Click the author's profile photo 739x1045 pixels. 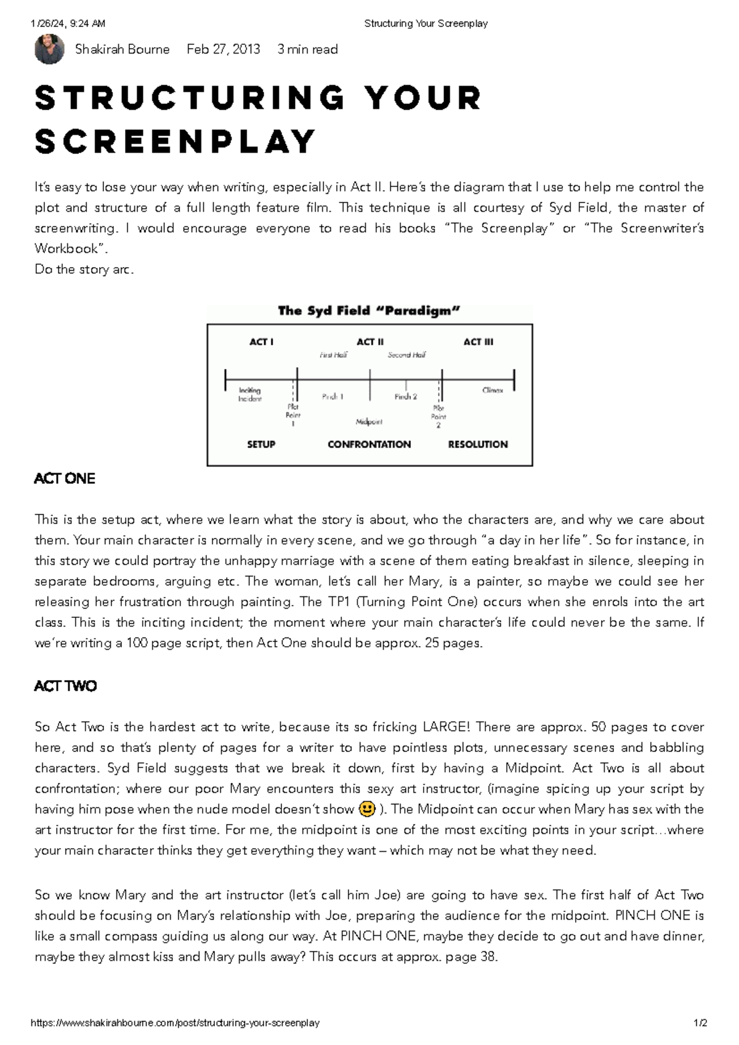pos(49,49)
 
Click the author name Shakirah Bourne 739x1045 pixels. pos(122,49)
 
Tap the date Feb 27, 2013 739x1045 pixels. pos(223,49)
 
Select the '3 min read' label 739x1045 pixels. pos(307,49)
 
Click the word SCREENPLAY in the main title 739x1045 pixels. pos(176,142)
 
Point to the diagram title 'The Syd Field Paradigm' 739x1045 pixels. pos(369,311)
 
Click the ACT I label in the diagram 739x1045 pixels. pos(261,342)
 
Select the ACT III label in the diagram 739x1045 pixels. pos(478,342)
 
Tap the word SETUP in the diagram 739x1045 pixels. pos(261,444)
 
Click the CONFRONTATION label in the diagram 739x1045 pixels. pos(369,444)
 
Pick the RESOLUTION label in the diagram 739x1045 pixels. pos(478,444)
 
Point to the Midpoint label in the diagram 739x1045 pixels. pos(369,422)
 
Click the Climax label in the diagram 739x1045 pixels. pos(493,390)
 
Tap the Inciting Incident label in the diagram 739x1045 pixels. pos(250,394)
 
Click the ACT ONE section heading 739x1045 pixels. pos(65,479)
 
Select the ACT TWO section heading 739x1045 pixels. pos(65,686)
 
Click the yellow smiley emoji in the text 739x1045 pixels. pos(366,809)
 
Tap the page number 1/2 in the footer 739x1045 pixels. pos(700,1023)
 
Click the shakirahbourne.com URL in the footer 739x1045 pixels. pos(175,1023)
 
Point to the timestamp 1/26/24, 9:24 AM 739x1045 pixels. pos(68,23)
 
